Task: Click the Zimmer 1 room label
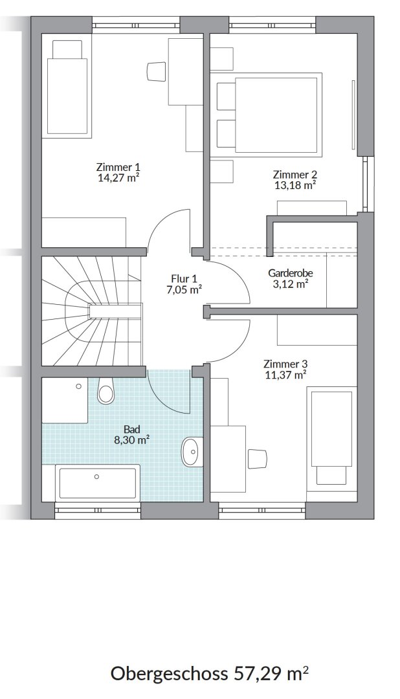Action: click(x=118, y=168)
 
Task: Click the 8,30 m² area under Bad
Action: click(x=131, y=441)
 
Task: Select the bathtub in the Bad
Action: click(x=97, y=483)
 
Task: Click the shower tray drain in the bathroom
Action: click(x=79, y=386)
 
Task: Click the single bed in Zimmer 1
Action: click(x=67, y=87)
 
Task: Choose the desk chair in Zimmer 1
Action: click(x=155, y=71)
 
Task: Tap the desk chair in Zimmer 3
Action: click(x=257, y=459)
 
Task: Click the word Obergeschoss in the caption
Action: click(x=169, y=674)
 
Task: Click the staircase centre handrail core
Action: click(x=115, y=310)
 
